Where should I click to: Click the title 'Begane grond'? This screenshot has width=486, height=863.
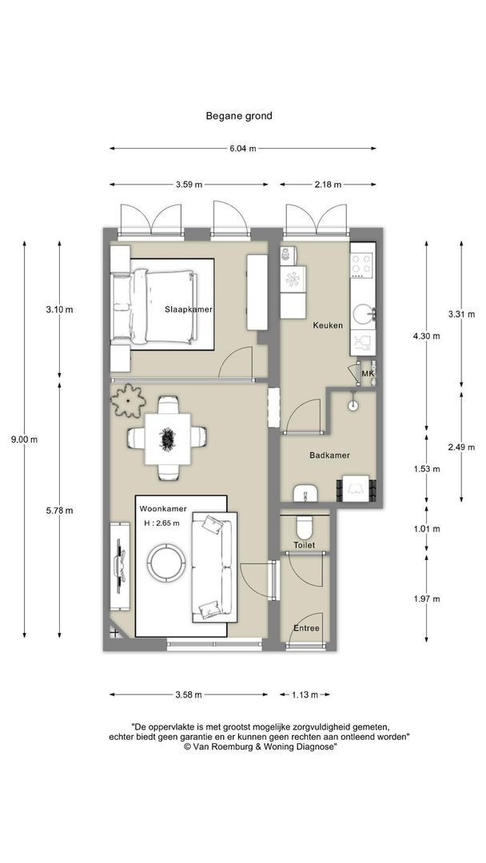pos(239,116)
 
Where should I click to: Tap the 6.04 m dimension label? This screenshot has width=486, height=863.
pos(243,149)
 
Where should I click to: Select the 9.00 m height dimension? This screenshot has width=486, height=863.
pos(24,439)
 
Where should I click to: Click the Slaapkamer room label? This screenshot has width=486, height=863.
pos(189,309)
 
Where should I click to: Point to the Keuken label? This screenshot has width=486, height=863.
pos(328,325)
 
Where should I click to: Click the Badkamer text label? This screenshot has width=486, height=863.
pos(329,455)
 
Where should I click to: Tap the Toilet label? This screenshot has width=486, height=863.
pos(305,545)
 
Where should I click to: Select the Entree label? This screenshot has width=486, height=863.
pos(306,629)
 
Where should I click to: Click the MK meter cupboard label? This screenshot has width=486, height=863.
pos(367,375)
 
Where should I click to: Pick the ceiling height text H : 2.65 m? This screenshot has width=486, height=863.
pos(161,523)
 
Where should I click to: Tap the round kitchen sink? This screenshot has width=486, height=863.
pos(363,316)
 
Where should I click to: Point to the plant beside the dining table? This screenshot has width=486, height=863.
pos(128,400)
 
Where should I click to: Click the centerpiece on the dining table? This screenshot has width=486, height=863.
pos(167,439)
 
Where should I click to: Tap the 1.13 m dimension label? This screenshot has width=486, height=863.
pos(305,694)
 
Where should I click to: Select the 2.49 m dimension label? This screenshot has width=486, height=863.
pos(461,447)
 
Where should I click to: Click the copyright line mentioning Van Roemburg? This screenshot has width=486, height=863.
pos(260,746)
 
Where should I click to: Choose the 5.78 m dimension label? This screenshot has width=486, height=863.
pos(59,510)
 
